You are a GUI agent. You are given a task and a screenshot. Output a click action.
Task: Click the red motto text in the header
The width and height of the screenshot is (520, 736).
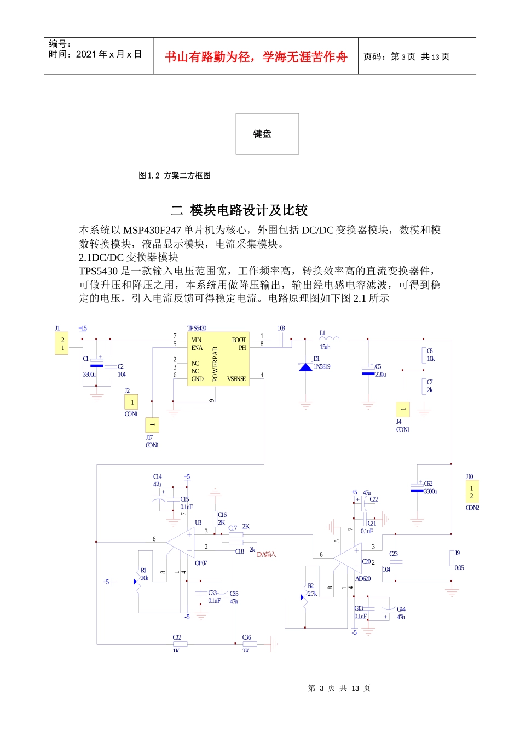pyautogui.click(x=256, y=57)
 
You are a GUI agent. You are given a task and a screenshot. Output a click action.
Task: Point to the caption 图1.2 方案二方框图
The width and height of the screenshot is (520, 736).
pyautogui.click(x=175, y=176)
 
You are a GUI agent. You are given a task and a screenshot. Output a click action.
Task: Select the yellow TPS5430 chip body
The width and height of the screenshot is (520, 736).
pyautogui.click(x=218, y=359)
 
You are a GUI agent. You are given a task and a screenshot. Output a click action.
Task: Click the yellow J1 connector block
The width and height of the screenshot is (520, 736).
pyautogui.click(x=62, y=343)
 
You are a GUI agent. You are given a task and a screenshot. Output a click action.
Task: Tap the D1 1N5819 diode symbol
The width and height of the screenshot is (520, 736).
pyautogui.click(x=305, y=366)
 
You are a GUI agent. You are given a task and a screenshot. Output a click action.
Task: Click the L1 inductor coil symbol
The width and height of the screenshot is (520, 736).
pyautogui.click(x=330, y=338)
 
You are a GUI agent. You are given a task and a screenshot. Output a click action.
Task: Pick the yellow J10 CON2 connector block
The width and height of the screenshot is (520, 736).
pyautogui.click(x=471, y=492)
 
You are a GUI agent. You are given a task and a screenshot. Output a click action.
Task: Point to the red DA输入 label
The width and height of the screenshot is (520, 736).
pyautogui.click(x=267, y=555)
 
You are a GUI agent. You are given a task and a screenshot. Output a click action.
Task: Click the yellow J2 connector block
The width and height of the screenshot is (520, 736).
pyautogui.click(x=131, y=403)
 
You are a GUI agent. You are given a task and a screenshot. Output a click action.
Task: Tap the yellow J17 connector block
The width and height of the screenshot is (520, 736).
pyautogui.click(x=152, y=424)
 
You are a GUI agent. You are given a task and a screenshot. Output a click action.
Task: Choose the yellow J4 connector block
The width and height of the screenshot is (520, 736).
pyautogui.click(x=402, y=409)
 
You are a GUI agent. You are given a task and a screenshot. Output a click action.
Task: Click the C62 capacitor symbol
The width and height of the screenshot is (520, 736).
pyautogui.click(x=417, y=487)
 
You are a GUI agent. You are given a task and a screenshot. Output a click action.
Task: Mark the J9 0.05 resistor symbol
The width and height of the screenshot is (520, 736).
pyautogui.click(x=452, y=558)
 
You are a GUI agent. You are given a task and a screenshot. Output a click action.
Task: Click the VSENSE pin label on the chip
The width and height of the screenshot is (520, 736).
pyautogui.click(x=236, y=379)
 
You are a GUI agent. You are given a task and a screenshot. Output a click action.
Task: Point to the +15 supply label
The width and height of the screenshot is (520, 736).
pyautogui.click(x=83, y=329)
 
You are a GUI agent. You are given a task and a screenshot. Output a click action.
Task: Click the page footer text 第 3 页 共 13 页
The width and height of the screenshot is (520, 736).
pyautogui.click(x=339, y=688)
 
